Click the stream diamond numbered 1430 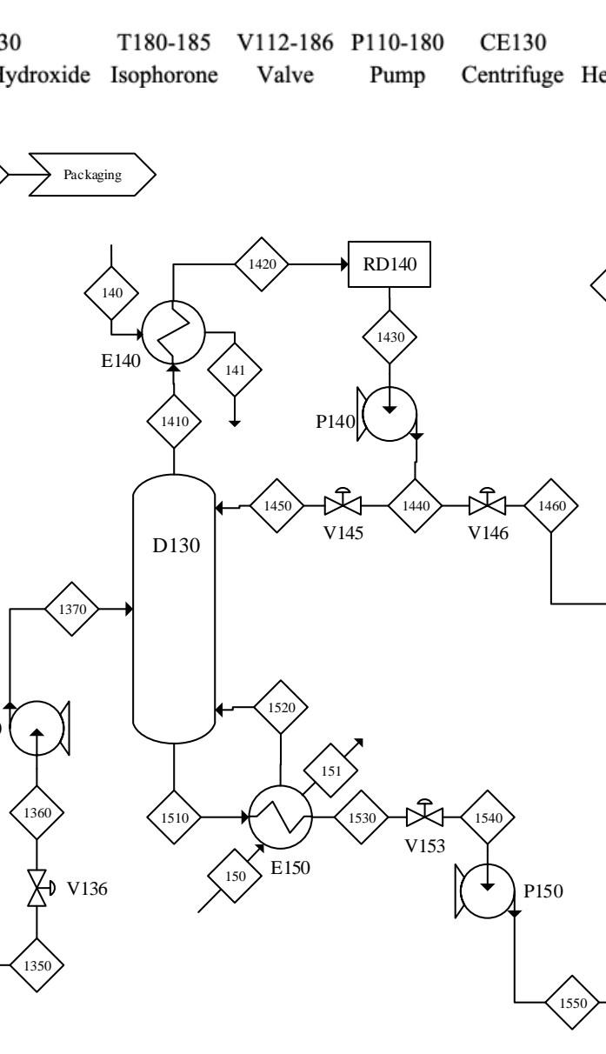pos(390,337)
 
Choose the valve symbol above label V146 pos(488,504)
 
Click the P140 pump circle pos(390,412)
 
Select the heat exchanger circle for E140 pos(174,331)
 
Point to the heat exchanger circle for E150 pos(280,817)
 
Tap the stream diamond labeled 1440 pos(415,504)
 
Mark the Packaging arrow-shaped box pos(92,174)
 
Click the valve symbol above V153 pos(425,817)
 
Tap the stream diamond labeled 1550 pos(573,1003)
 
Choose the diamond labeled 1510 pos(175,817)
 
